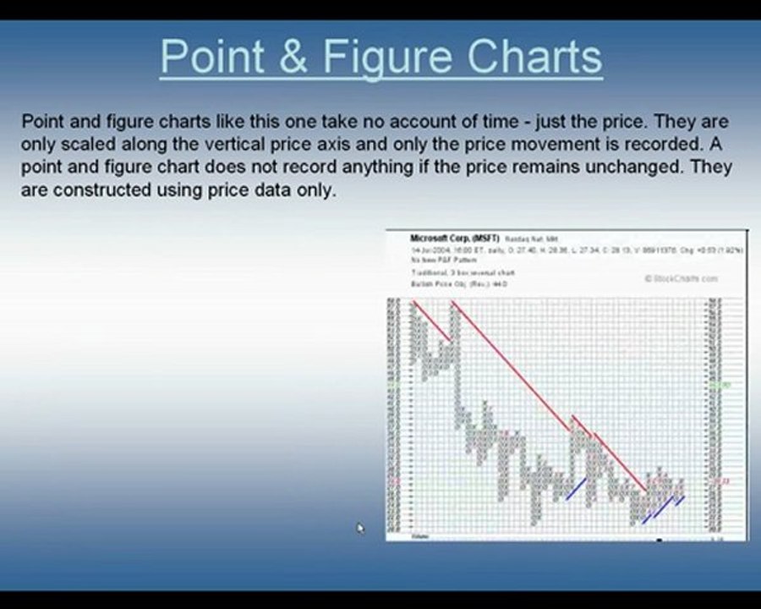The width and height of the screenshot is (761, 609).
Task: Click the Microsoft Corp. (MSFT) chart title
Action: [x=455, y=239]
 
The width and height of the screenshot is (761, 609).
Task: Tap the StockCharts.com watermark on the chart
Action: [x=681, y=278]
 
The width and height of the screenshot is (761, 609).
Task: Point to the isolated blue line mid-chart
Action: [x=576, y=489]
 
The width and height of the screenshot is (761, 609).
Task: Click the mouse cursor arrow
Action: [x=359, y=529]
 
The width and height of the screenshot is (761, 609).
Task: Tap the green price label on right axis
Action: [x=719, y=385]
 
